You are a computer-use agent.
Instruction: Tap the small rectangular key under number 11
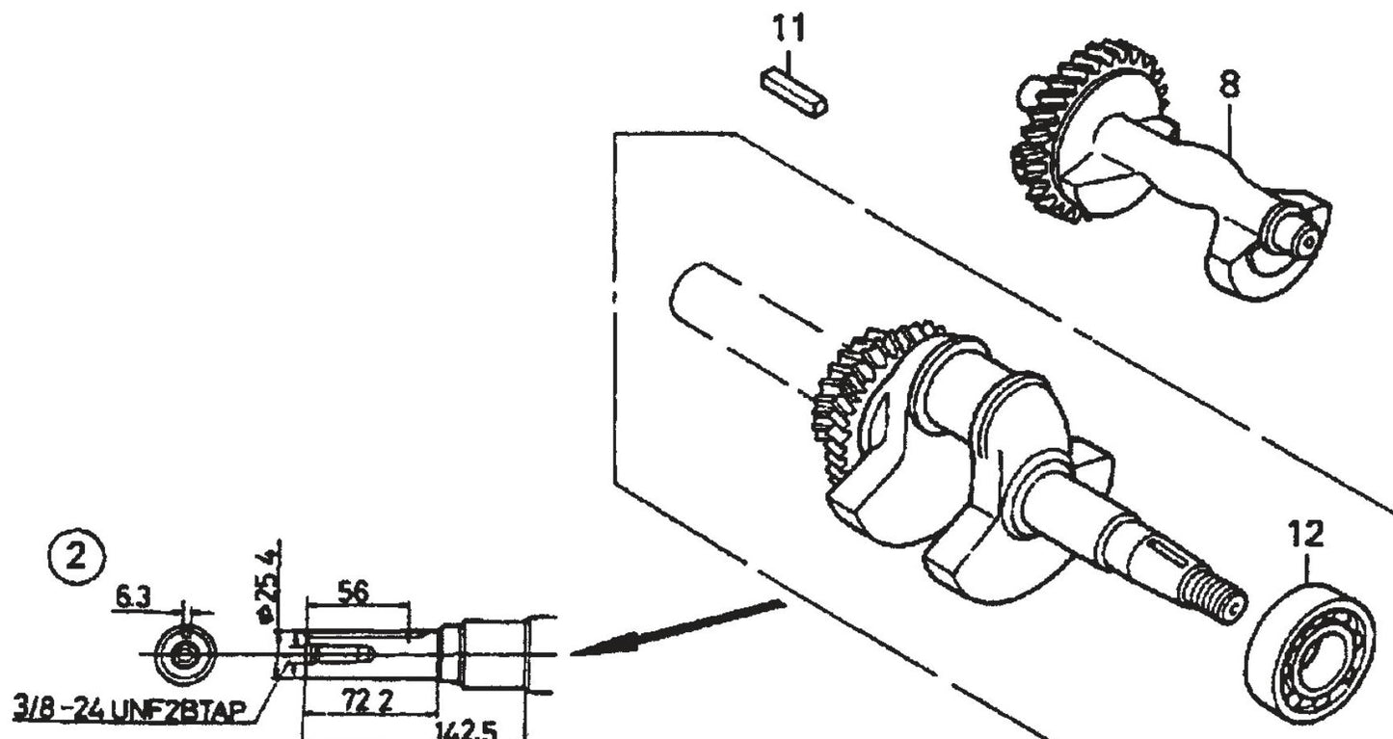click(x=793, y=93)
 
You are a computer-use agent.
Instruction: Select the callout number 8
click(x=1229, y=86)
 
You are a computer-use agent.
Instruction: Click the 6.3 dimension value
click(x=133, y=597)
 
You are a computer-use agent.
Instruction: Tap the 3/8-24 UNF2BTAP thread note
click(x=130, y=711)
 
